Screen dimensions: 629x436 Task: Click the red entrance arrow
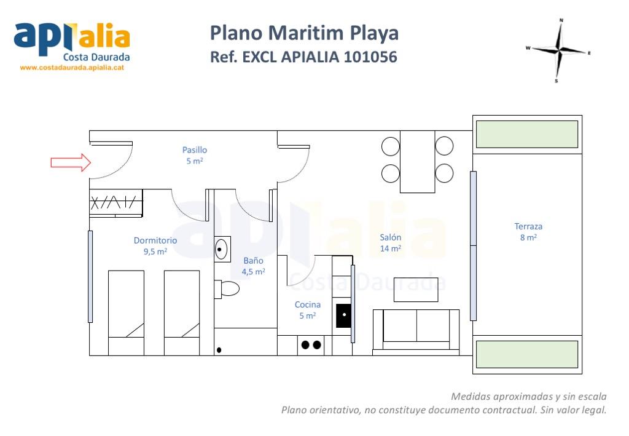[x=71, y=162]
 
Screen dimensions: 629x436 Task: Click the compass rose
[x=559, y=50]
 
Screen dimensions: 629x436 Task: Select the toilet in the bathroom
[x=227, y=288]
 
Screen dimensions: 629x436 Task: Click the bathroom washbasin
[x=222, y=249]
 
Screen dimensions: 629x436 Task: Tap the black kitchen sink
[x=344, y=315]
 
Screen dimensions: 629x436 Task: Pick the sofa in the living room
[x=416, y=332]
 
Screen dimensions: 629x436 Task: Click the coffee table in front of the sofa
[x=416, y=290]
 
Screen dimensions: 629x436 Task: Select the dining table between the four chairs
[x=418, y=161]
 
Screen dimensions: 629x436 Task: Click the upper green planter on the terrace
[x=527, y=134]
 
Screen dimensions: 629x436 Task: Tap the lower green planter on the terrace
[x=527, y=354]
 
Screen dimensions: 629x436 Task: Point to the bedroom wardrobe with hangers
[x=116, y=203]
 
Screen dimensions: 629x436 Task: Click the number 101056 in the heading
[x=370, y=57]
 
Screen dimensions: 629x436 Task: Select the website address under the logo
[x=72, y=68]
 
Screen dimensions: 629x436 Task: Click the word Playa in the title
[x=374, y=34]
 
